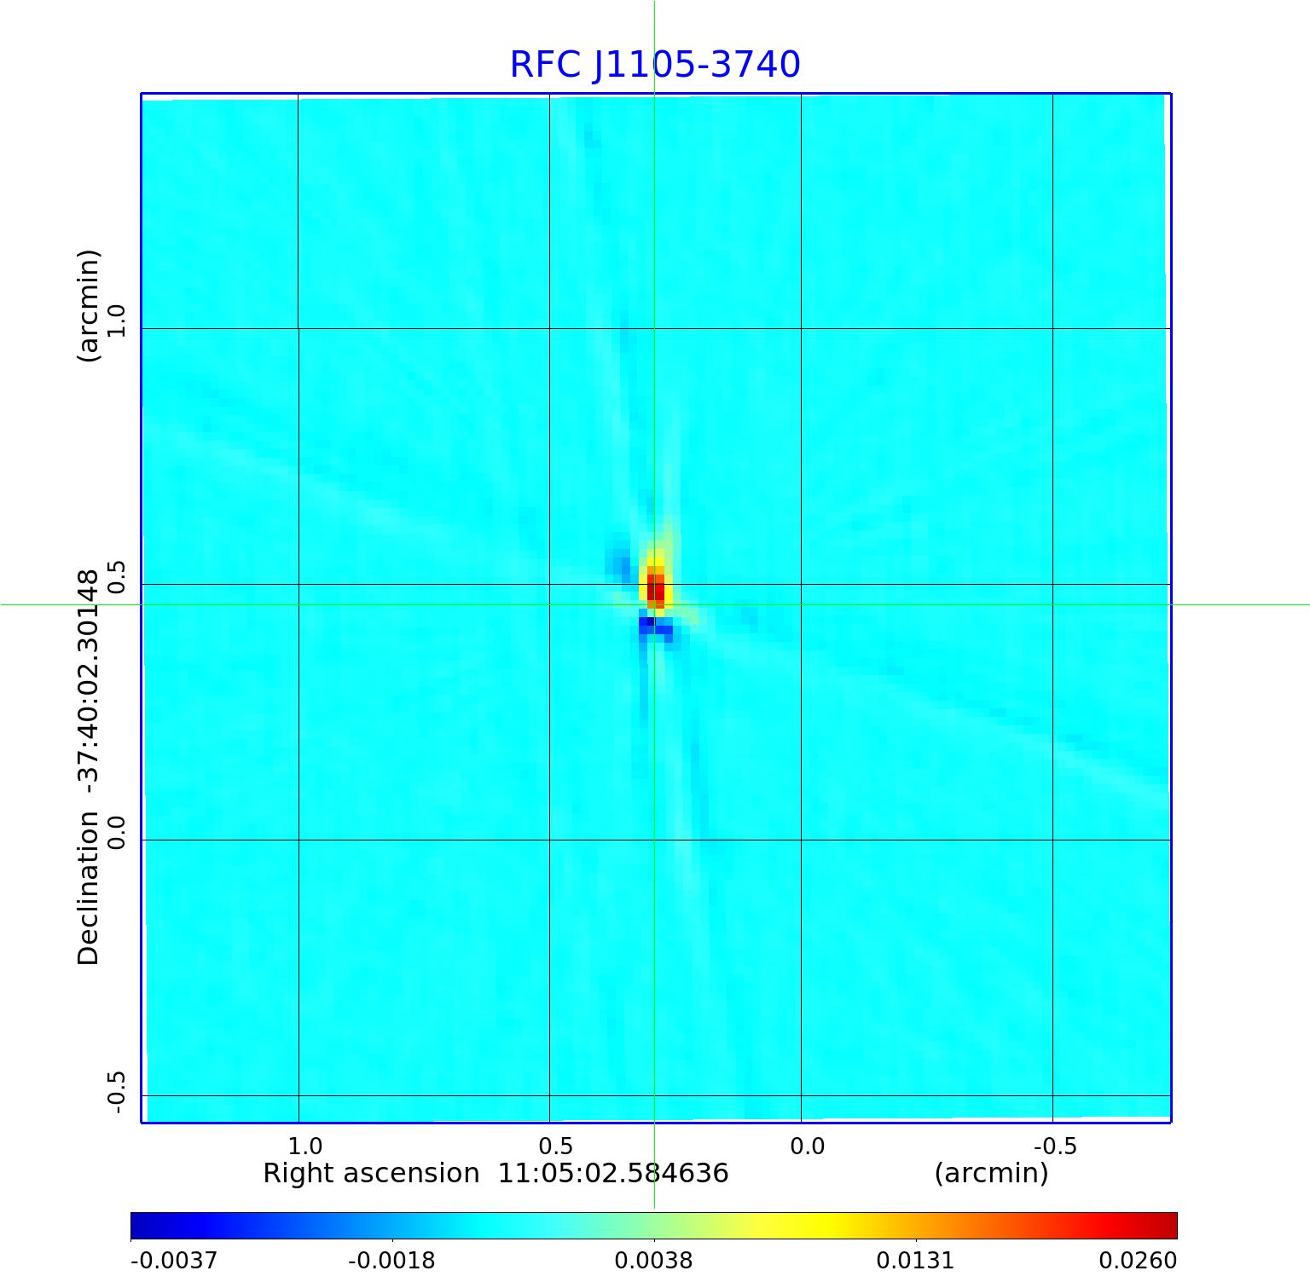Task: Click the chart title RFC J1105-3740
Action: (655, 65)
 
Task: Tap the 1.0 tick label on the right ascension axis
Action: (305, 1146)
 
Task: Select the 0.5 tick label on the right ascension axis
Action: (556, 1146)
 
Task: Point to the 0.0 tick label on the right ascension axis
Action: (808, 1146)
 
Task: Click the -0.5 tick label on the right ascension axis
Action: (1055, 1146)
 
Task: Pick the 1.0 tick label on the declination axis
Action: (115, 321)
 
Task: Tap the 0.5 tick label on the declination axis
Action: (115, 577)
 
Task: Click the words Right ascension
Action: (371, 1174)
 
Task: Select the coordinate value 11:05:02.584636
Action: (613, 1174)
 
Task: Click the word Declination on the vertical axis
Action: (89, 887)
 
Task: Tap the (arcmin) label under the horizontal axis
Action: (991, 1174)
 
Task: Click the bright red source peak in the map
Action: (655, 588)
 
